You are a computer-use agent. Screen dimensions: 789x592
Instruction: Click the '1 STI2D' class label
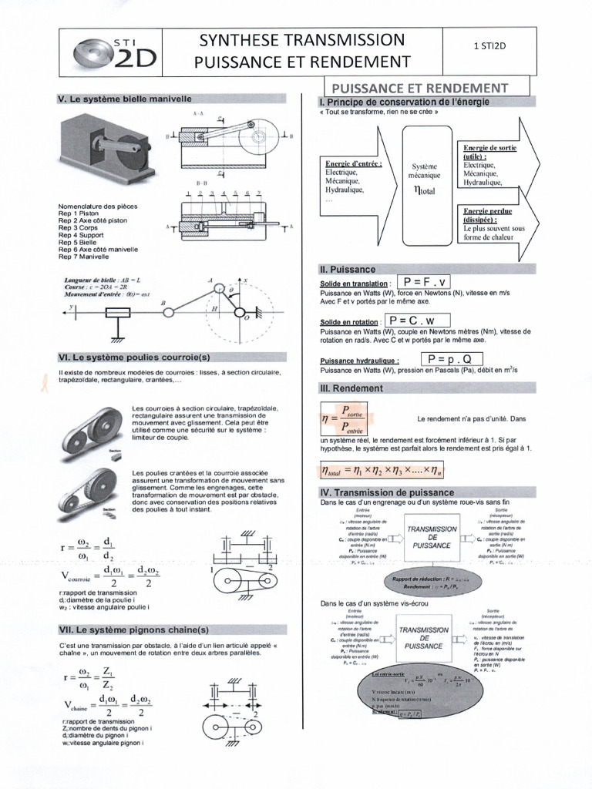(x=489, y=46)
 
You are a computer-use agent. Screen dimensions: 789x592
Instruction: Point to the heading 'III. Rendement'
(x=351, y=388)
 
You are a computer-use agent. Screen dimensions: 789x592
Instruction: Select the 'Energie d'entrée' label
(x=354, y=163)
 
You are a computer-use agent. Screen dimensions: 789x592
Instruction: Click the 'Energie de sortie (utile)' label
(x=490, y=151)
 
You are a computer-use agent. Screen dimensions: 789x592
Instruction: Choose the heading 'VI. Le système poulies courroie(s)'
(x=134, y=358)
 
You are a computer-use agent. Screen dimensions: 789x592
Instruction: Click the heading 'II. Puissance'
(x=347, y=270)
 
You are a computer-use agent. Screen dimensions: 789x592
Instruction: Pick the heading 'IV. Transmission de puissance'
(x=386, y=492)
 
